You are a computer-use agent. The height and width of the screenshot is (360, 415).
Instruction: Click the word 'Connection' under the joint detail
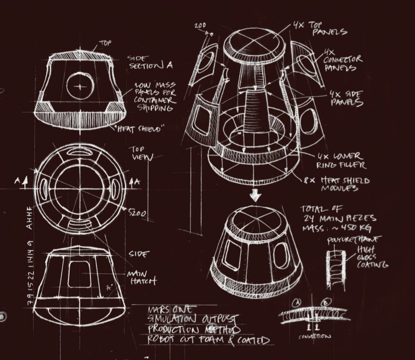point(314,336)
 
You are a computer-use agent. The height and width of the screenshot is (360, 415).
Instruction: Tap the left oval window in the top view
point(45,188)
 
